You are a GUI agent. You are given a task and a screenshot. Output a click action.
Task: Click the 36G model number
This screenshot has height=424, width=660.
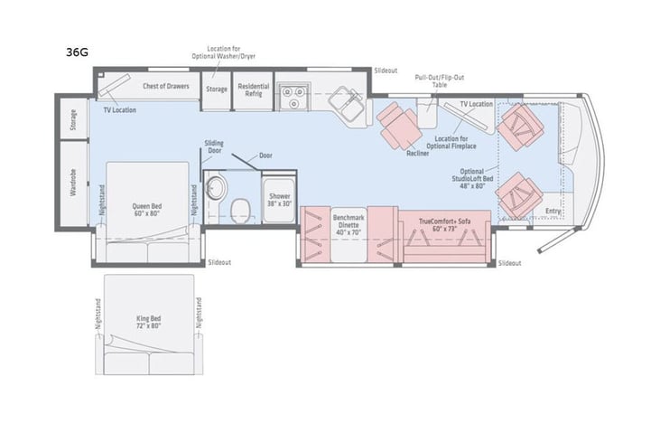pos(77,52)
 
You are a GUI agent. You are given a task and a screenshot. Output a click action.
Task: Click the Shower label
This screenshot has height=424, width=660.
pos(277,200)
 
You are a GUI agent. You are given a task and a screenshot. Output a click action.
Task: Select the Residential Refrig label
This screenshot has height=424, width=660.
pos(253,90)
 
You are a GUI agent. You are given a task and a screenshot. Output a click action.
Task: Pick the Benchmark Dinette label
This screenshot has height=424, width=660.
pos(349,223)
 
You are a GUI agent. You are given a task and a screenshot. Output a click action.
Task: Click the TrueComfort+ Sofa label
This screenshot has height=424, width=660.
pos(446,223)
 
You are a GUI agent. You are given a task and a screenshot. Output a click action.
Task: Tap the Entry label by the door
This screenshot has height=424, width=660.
pos(553,212)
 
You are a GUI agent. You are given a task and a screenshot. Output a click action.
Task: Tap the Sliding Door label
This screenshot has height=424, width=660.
pos(214,146)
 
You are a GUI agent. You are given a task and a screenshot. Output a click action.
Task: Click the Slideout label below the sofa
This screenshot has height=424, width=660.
pos(508,263)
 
